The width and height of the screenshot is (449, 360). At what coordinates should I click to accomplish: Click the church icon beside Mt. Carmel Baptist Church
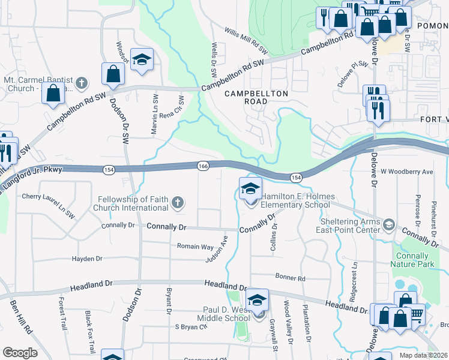click(82, 82)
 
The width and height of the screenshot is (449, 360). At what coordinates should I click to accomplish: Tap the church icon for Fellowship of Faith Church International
click(176, 204)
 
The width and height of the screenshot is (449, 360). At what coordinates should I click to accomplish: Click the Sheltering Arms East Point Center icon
click(388, 225)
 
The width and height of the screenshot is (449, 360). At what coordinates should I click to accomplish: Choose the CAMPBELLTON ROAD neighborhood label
click(256, 98)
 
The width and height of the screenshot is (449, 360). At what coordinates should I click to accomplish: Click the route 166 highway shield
click(203, 166)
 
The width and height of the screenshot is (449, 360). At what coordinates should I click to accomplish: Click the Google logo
click(20, 353)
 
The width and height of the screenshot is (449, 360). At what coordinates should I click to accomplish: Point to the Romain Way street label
click(195, 247)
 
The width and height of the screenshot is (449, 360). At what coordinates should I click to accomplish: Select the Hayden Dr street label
click(87, 259)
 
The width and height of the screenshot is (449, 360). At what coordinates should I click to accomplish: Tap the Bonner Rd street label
click(291, 278)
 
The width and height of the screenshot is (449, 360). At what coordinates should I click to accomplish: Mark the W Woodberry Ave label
click(407, 172)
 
